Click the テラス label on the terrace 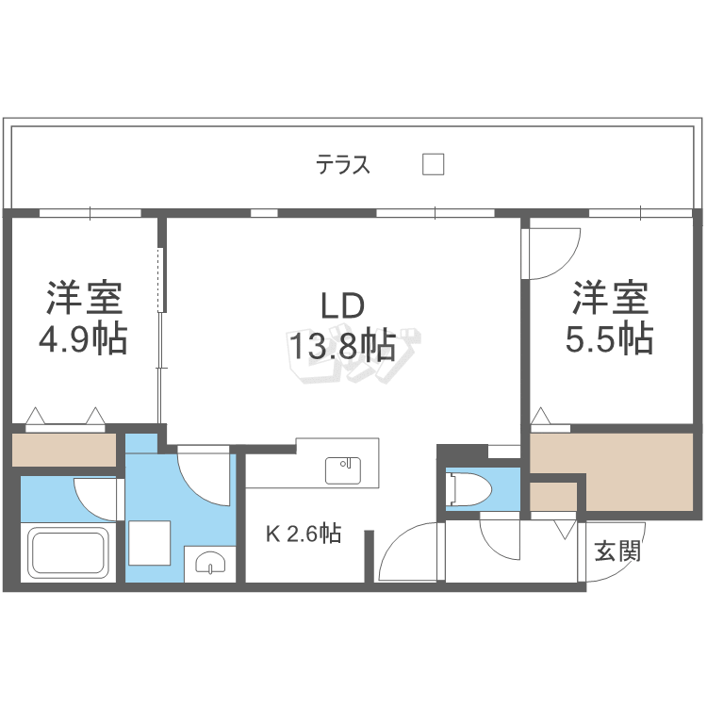(x=343, y=166)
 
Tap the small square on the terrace (x=433, y=164)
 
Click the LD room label (x=341, y=306)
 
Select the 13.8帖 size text (x=341, y=346)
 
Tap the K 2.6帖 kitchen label (x=303, y=534)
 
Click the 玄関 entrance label (x=617, y=551)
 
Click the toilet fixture (x=469, y=489)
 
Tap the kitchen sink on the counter (x=344, y=469)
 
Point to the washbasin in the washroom (x=206, y=564)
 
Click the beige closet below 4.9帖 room (x=64, y=449)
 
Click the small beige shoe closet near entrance (x=552, y=496)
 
